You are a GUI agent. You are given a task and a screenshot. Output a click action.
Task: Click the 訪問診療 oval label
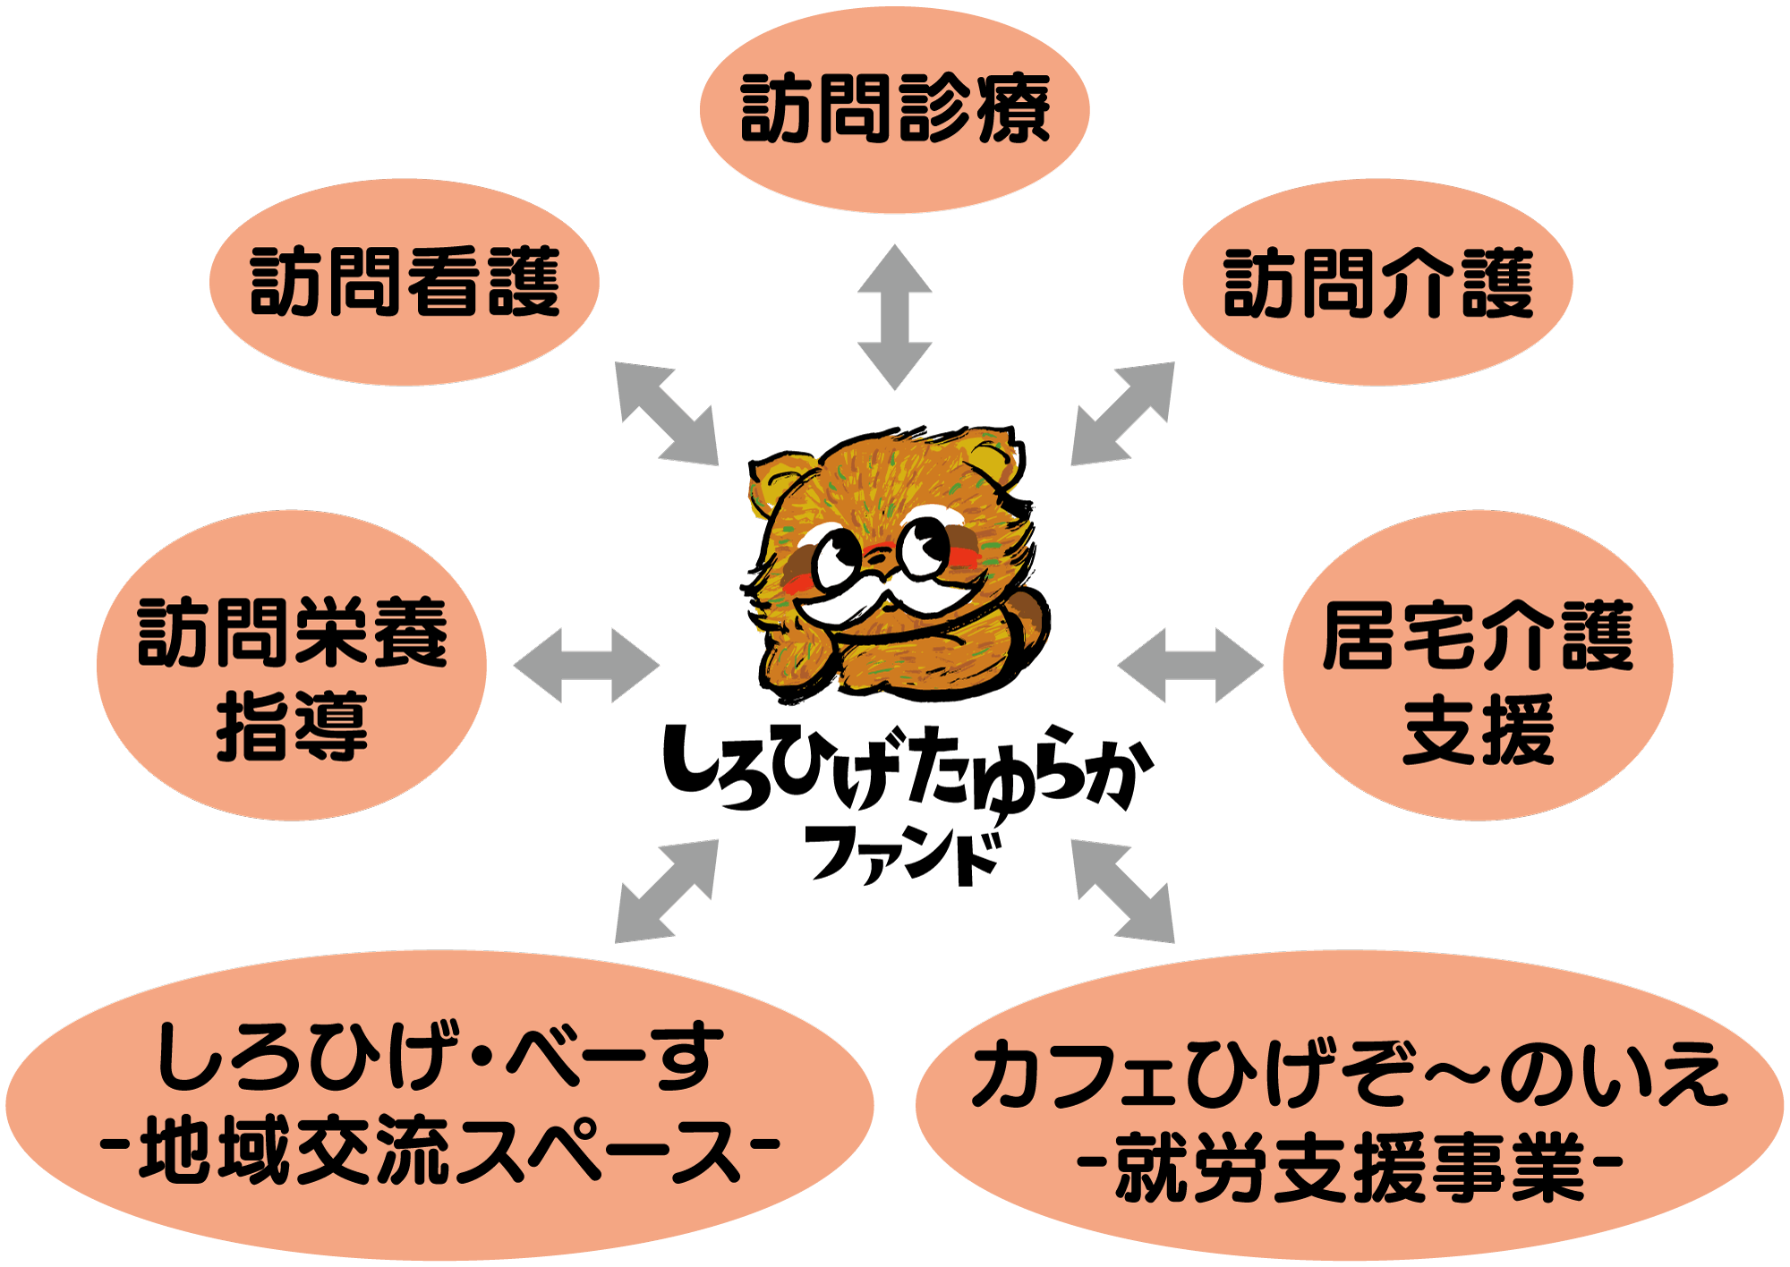coord(894,109)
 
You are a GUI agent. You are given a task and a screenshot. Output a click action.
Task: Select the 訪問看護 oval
coord(405,283)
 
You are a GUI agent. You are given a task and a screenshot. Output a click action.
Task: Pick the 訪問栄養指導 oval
coord(292,666)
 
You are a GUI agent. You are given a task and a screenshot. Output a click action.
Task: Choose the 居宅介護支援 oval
coord(1478,666)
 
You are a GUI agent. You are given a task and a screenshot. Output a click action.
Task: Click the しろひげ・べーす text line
coord(439,1059)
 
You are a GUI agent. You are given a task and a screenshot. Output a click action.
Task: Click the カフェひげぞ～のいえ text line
coord(1350,1075)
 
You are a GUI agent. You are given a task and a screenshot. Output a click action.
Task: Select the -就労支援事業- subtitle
coord(1349,1167)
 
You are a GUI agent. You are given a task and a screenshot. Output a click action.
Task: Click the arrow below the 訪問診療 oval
coord(895,317)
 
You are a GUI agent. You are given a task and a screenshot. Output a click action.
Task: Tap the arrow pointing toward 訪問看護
coord(667,413)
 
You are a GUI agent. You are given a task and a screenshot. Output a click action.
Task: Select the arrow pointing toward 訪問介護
coord(1123,413)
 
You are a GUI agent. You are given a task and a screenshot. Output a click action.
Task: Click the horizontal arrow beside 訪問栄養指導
coord(586,666)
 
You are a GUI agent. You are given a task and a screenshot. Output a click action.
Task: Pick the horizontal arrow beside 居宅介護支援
coord(1190,666)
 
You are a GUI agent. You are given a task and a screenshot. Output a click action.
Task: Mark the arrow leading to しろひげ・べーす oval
coord(667,890)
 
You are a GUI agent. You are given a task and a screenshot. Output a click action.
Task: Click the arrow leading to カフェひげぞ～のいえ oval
coord(1123,890)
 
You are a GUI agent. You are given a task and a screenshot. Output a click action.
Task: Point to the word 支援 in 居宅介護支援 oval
coord(1478,730)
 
